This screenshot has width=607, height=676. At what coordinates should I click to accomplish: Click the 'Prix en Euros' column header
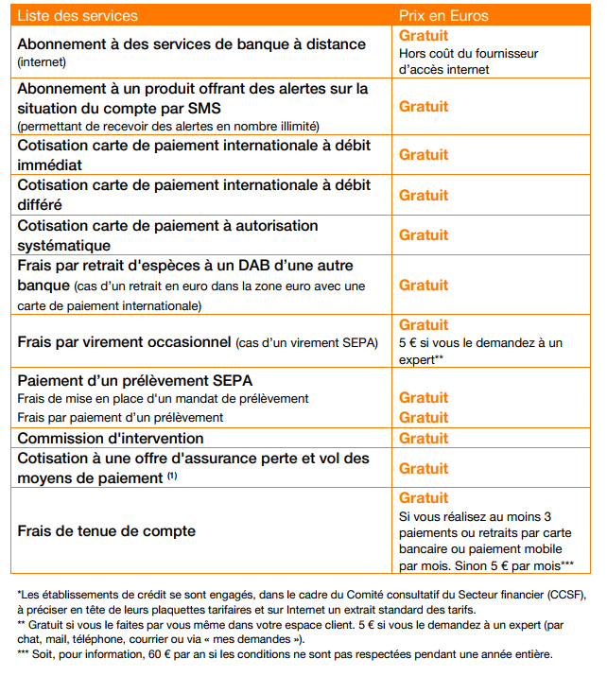444,16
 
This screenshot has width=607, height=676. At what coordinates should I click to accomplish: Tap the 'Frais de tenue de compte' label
107,531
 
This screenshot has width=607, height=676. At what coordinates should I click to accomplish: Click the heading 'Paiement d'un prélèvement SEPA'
135,381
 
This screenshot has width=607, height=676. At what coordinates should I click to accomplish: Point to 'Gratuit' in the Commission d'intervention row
424,439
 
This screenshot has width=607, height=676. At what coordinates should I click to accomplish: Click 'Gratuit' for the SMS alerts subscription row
424,107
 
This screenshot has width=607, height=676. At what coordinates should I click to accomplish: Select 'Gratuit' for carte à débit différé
424,195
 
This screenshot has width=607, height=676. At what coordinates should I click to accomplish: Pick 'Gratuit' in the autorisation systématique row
424,234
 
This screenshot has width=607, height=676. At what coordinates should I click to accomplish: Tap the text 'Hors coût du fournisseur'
468,54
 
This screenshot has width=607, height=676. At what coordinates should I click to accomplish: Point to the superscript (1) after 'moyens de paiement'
172,476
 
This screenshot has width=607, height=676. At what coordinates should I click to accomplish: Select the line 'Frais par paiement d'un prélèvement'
121,418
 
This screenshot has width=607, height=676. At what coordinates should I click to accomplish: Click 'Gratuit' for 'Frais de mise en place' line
424,398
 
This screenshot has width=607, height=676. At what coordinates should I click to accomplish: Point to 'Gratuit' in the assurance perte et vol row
424,469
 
